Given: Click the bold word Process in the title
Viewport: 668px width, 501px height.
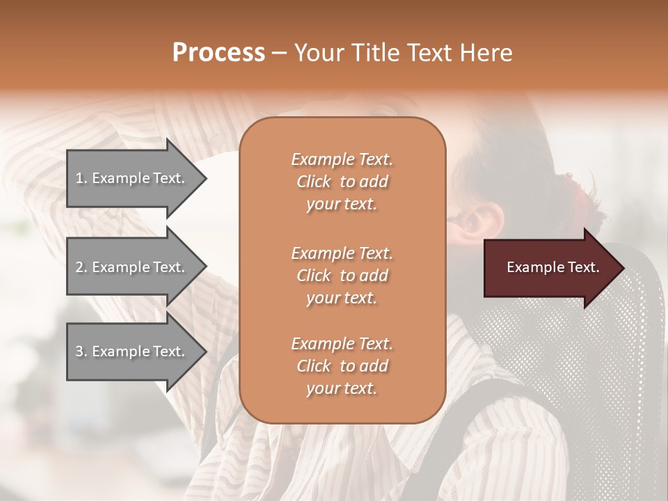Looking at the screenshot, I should click(x=218, y=53).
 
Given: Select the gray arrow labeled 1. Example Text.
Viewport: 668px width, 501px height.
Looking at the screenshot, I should click(x=132, y=178).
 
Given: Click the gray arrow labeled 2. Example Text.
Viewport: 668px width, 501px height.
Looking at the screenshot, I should click(x=132, y=267).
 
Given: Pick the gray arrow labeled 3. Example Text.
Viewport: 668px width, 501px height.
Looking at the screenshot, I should click(x=132, y=351).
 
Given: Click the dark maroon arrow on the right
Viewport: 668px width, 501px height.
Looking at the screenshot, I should click(x=550, y=268).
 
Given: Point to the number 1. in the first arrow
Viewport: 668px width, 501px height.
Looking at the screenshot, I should click(x=81, y=178).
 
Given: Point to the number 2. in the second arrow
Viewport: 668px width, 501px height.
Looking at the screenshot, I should click(x=81, y=267).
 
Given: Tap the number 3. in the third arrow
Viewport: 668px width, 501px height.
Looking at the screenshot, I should click(x=81, y=351).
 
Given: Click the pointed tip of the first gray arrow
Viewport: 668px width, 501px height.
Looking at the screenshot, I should click(x=205, y=178).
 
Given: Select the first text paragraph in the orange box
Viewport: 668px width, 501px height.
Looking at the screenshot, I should click(x=342, y=182).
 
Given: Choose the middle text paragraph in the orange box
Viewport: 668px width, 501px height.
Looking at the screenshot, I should click(x=342, y=276).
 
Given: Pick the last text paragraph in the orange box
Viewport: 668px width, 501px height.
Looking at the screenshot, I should click(x=342, y=366).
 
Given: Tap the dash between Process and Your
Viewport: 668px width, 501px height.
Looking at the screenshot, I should click(x=280, y=54).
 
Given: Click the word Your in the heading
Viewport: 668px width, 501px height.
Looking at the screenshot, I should click(x=317, y=53).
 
